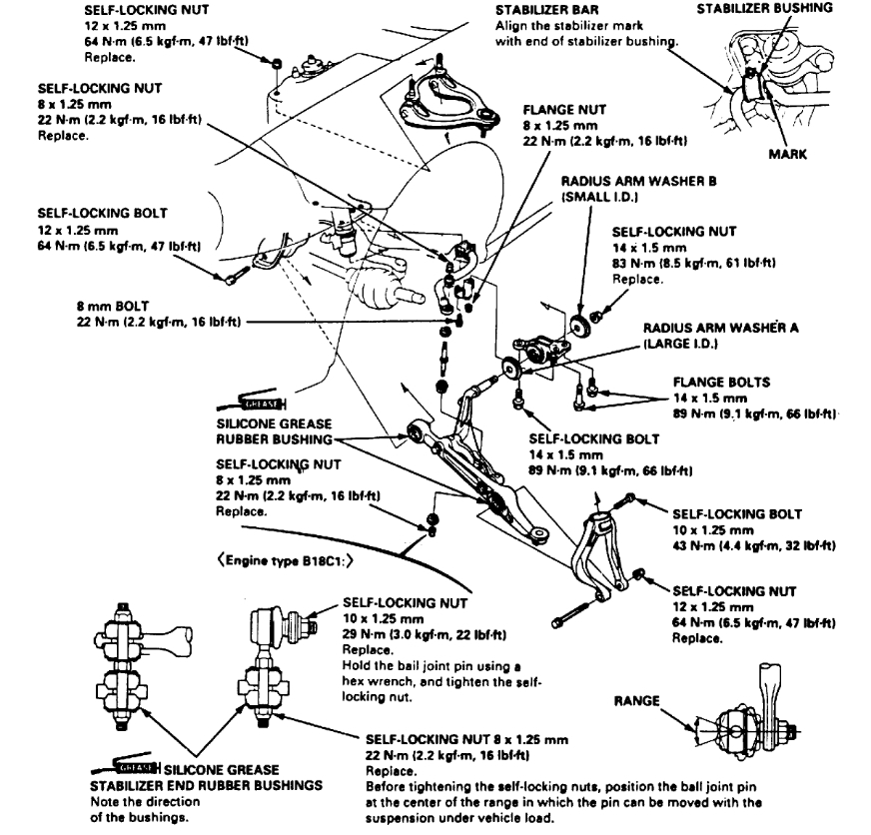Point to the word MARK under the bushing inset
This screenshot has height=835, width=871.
coord(786,155)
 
